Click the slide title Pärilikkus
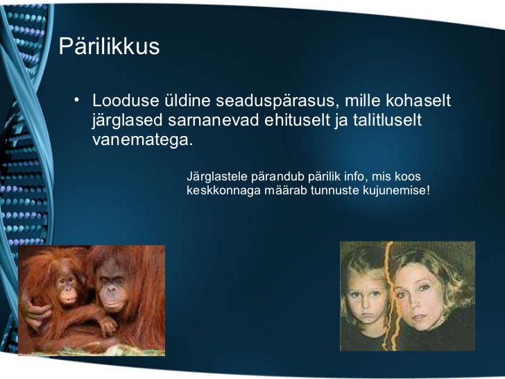coord(109,47)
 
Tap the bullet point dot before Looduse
coord(76,99)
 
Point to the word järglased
coord(127,121)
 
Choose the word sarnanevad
coord(214,120)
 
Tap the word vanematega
coord(143,140)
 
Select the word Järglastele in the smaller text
coord(217,177)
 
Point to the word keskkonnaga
coord(223,190)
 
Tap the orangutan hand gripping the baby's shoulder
coord(35,310)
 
